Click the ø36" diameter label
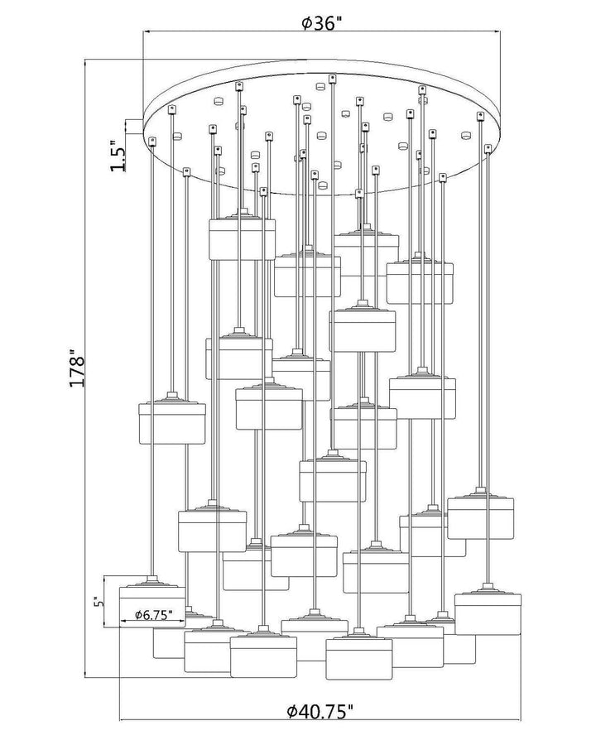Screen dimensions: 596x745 click(322, 22)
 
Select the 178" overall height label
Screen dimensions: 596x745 click(76, 368)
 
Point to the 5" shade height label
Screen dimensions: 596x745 click(99, 602)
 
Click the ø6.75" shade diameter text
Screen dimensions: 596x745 click(152, 615)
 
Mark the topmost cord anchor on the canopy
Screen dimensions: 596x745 click(332, 78)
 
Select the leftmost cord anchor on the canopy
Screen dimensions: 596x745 click(152, 141)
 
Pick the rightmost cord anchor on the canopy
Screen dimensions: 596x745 click(488, 149)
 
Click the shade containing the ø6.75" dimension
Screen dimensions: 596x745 click(152, 607)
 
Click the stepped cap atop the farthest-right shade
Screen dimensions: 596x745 click(488, 589)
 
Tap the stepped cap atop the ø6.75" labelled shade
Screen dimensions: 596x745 click(152, 581)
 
